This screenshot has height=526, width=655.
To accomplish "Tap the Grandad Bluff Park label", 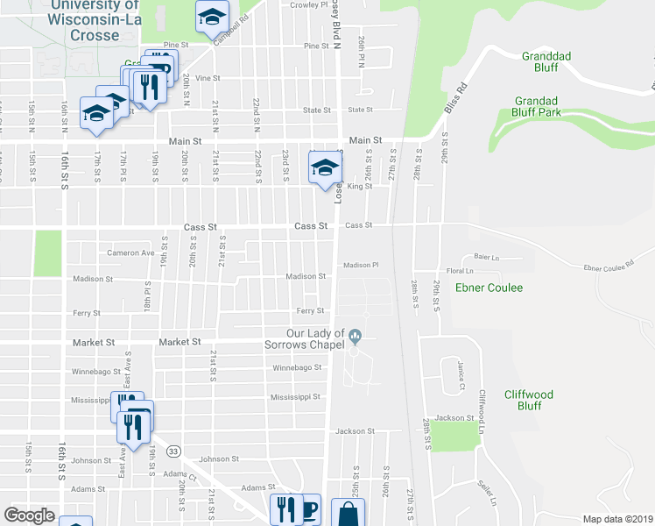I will pyautogui.click(x=549, y=106).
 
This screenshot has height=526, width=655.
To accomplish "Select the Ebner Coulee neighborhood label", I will pyautogui.click(x=489, y=288).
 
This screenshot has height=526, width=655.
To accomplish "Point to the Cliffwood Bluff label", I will pyautogui.click(x=530, y=400).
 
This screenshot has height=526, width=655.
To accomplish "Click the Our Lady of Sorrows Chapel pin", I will pyautogui.click(x=356, y=336).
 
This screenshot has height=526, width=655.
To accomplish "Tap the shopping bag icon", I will pyautogui.click(x=349, y=513).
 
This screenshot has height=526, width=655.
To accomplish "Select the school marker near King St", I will pyautogui.click(x=324, y=167).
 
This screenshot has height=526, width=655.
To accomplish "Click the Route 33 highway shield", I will pyautogui.click(x=174, y=451).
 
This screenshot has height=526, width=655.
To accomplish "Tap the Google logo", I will pyautogui.click(x=30, y=515).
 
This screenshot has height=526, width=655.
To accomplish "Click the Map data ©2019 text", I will pyautogui.click(x=618, y=519).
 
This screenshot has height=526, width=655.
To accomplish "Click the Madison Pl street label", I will pyautogui.click(x=361, y=265).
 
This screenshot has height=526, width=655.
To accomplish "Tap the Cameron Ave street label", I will pyautogui.click(x=130, y=253).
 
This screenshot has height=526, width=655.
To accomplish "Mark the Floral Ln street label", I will pyautogui.click(x=460, y=272).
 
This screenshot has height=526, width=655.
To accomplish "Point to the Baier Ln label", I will pyautogui.click(x=486, y=257).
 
